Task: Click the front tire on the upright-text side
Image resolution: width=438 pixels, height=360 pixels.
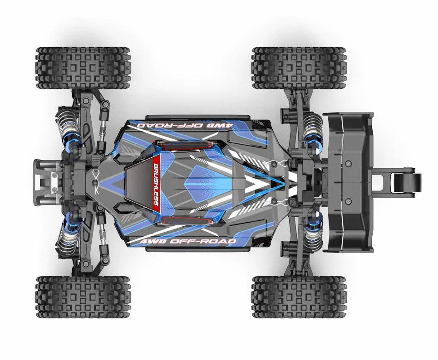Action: pos(83,297)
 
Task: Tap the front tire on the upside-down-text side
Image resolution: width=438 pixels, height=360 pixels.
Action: pos(83,68)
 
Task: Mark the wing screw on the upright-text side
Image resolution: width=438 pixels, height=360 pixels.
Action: pos(347,201)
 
